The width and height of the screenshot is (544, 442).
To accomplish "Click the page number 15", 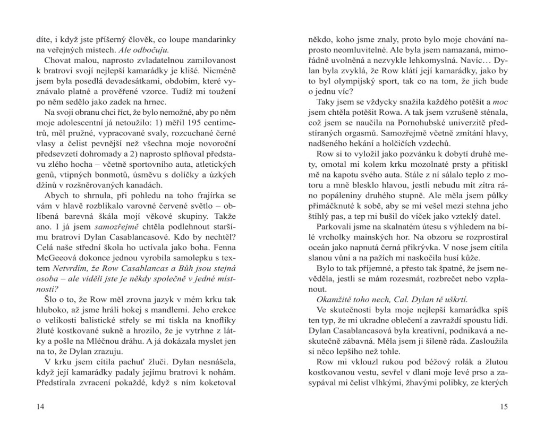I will (x=504, y=407).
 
